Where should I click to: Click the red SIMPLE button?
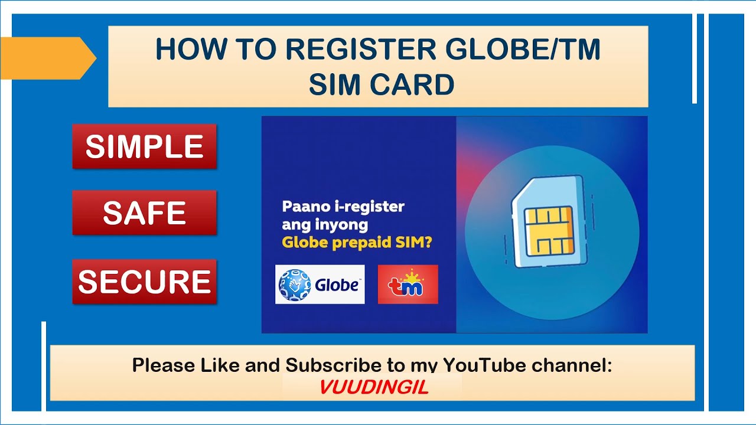point(144,146)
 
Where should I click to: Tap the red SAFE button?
point(144,213)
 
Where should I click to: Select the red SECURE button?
point(144,282)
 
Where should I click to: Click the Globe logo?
point(320,285)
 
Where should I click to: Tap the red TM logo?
point(408,285)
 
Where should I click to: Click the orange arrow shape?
point(47,58)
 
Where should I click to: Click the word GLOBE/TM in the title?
point(523,51)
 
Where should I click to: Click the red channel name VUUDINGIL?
point(373,387)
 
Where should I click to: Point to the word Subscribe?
point(333,365)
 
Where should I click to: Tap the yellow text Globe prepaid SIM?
point(357,243)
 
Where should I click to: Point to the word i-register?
point(369,207)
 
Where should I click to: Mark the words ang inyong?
point(325,225)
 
